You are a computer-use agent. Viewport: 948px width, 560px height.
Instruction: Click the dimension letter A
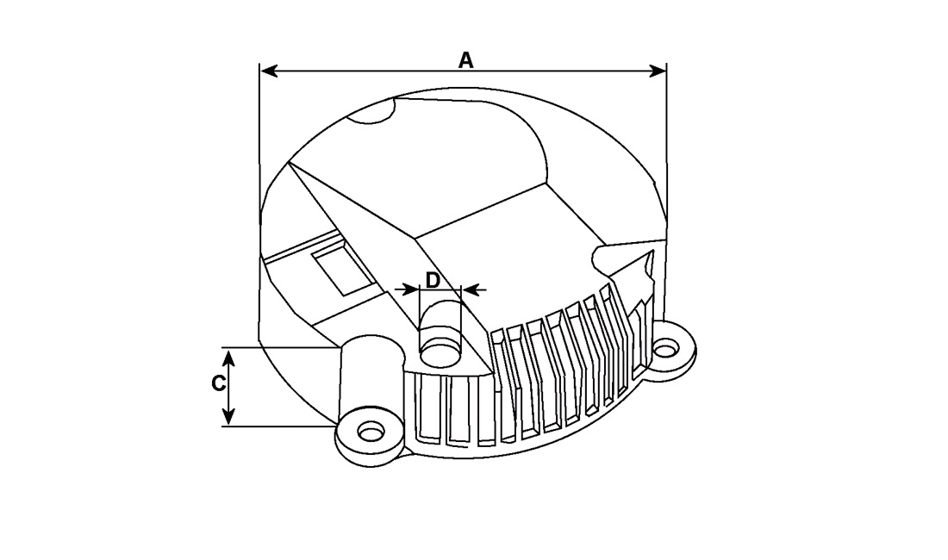[x=465, y=60]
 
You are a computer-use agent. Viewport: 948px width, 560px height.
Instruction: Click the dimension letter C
[x=219, y=383]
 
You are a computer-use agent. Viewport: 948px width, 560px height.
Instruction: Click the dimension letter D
[x=433, y=280]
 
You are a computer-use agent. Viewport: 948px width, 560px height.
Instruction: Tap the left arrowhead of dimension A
[x=269, y=71]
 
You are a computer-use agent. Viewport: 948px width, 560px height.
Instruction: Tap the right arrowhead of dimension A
[x=658, y=71]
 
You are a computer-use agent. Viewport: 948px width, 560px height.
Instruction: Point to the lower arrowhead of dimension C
[x=228, y=415]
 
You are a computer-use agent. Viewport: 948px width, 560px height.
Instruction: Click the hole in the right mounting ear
[x=665, y=350]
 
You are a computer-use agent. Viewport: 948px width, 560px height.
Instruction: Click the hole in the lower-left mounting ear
[x=371, y=432]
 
